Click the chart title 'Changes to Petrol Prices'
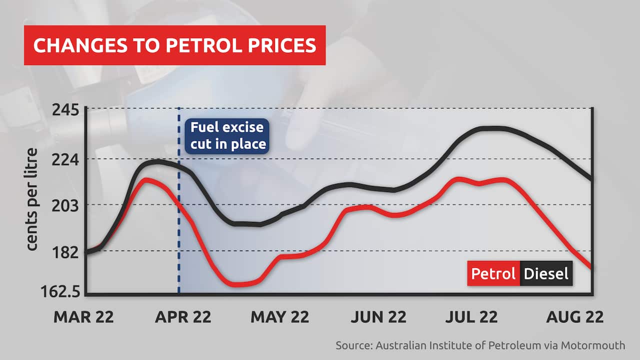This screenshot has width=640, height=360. point(174,45)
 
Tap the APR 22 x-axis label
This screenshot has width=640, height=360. point(182,316)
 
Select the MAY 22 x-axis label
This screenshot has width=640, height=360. point(280,316)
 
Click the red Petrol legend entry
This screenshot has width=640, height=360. point(493,273)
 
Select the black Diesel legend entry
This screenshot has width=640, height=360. point(546,273)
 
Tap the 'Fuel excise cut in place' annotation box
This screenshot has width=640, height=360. point(227,135)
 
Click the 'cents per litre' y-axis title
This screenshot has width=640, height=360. point(31,199)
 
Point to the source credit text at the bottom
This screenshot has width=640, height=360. point(480,345)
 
